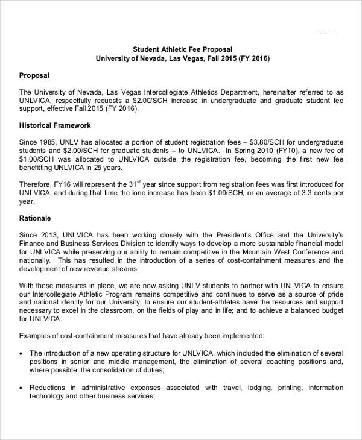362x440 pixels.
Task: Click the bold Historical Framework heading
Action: (x=55, y=125)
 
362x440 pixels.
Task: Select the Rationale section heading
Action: (x=36, y=218)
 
